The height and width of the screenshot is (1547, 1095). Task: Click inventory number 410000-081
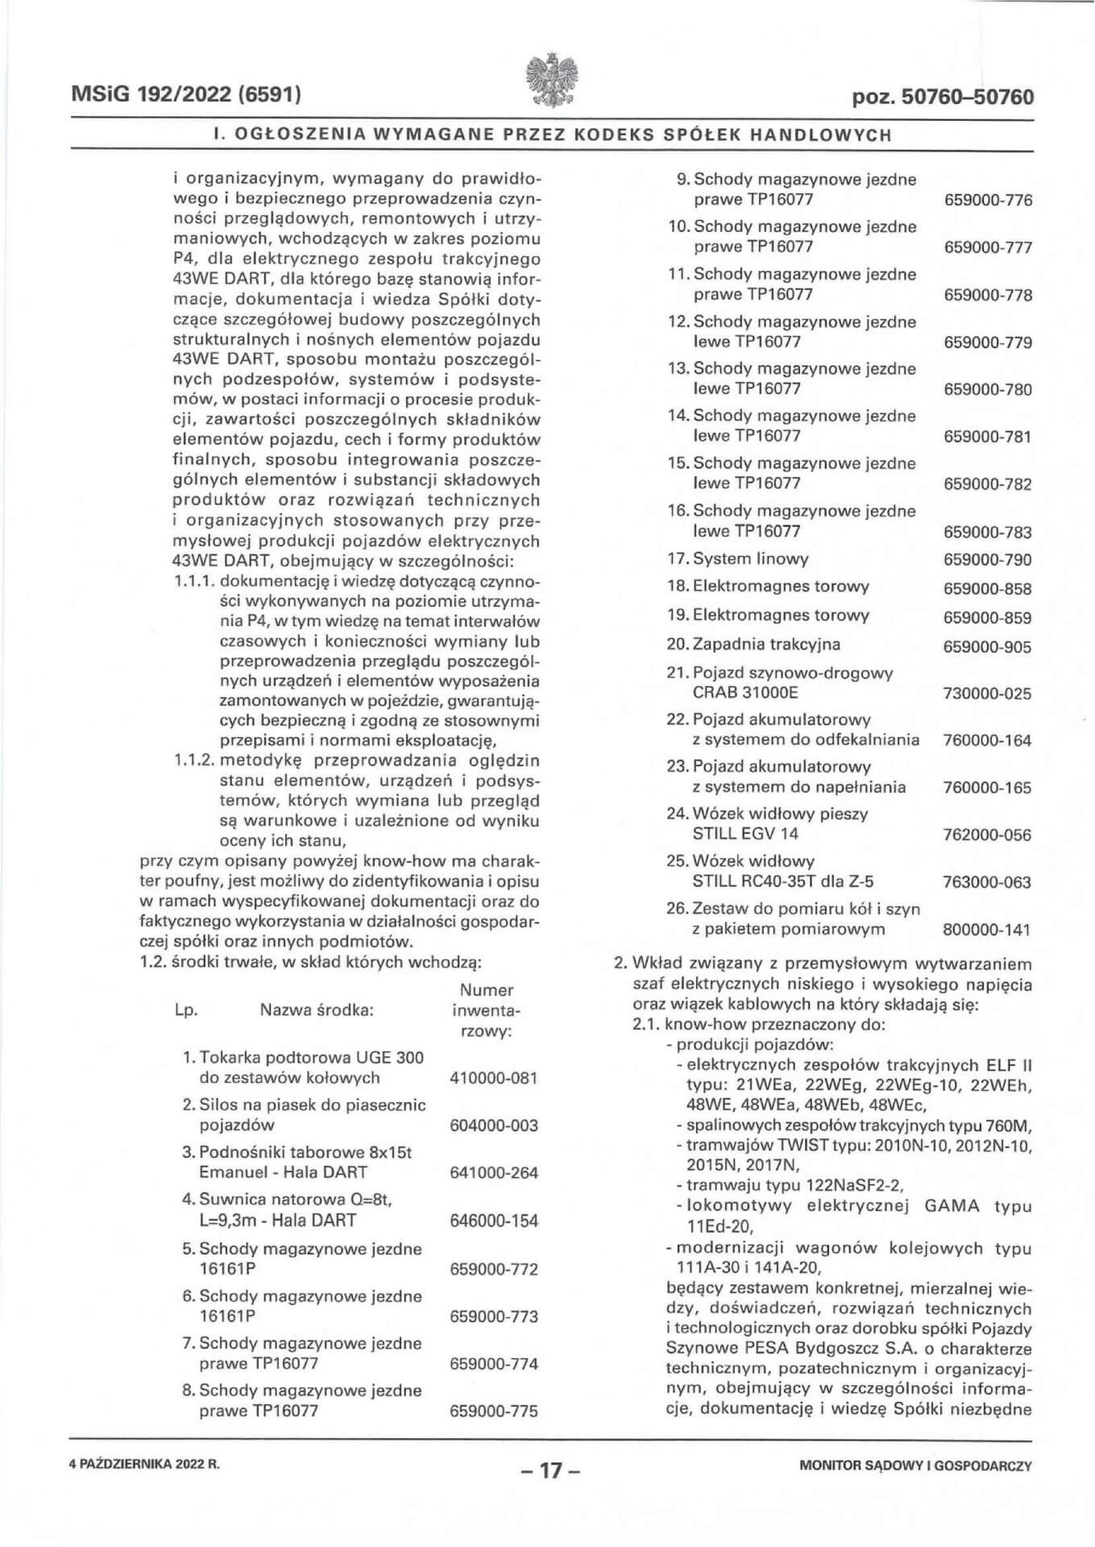pos(493,1078)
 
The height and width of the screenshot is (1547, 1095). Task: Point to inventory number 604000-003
pos(493,1126)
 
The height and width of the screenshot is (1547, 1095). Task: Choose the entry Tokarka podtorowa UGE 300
pos(311,1057)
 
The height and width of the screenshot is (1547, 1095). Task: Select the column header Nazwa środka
pos(317,1010)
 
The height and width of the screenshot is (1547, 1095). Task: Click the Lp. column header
pos(186,1010)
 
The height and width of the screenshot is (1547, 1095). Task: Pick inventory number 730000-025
pos(986,693)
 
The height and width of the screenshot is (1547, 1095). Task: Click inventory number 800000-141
pos(986,930)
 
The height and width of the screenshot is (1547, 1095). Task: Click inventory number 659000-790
pos(987,560)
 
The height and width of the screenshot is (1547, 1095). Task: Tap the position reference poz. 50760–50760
pos(942,97)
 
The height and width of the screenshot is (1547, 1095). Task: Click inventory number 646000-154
pos(493,1221)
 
